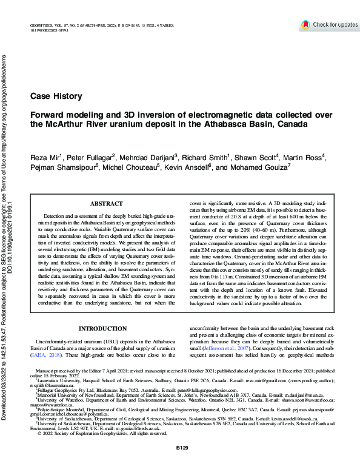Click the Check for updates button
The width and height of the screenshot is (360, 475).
329,25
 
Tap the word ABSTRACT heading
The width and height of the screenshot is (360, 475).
106,205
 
